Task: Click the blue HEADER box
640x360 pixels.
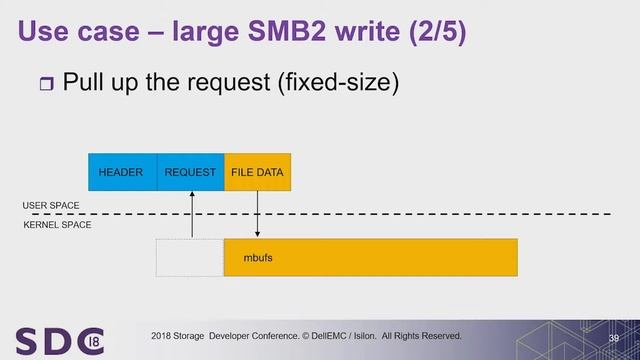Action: [122, 172]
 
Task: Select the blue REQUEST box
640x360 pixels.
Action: [190, 172]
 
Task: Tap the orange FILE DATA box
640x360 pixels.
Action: [257, 172]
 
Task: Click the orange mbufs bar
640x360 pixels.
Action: [370, 258]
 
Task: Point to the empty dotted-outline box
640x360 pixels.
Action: [189, 258]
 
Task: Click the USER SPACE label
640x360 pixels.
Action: [51, 205]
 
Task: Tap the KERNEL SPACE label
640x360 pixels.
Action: [57, 226]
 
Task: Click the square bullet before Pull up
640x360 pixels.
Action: [42, 81]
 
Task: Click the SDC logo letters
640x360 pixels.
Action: [58, 338]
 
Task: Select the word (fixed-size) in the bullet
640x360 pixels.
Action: [342, 80]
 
